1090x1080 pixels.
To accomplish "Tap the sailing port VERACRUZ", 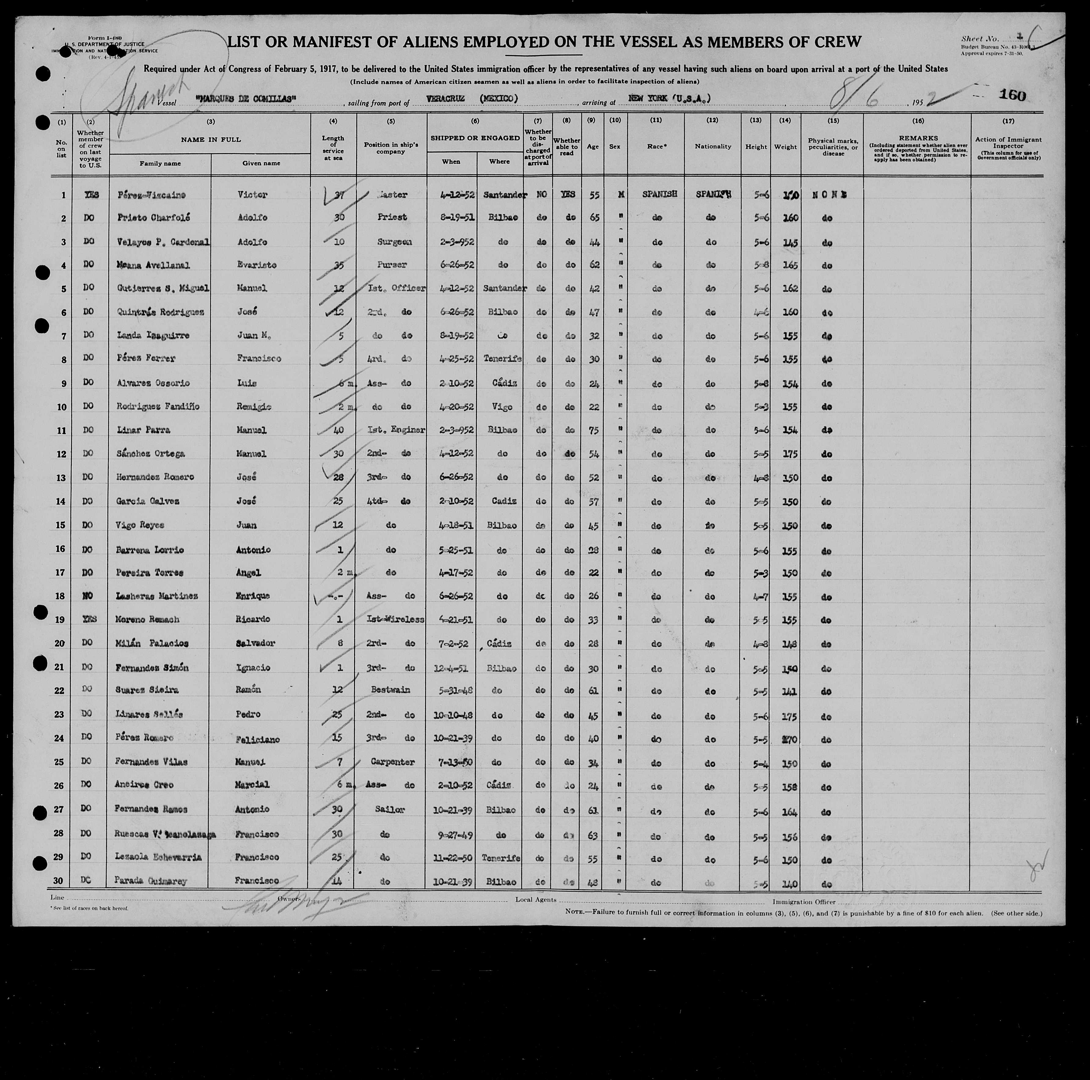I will (x=446, y=99).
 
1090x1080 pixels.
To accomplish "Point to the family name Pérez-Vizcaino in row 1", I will (x=144, y=195).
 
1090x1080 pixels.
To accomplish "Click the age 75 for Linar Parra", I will (x=594, y=430).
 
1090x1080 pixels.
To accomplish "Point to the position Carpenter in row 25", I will (x=393, y=762).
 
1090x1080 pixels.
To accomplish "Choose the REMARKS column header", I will (x=918, y=138).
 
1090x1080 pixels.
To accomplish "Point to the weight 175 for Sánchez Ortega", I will (x=790, y=454).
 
